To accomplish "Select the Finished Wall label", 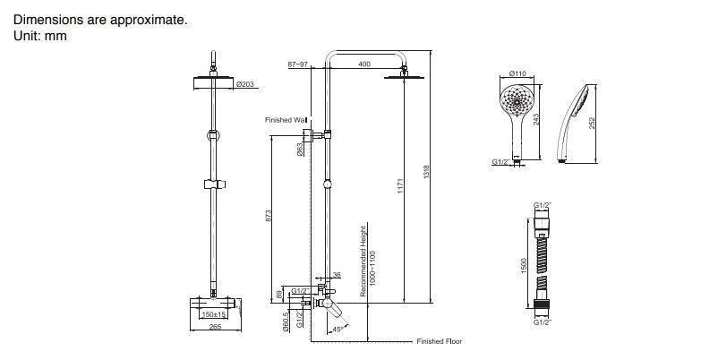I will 286,119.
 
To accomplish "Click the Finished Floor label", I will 439,341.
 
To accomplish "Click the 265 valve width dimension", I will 214,327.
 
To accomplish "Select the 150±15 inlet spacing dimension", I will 213,314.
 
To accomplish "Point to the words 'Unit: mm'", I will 40,36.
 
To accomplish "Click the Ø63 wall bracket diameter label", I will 297,150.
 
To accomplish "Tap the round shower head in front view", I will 213,83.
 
